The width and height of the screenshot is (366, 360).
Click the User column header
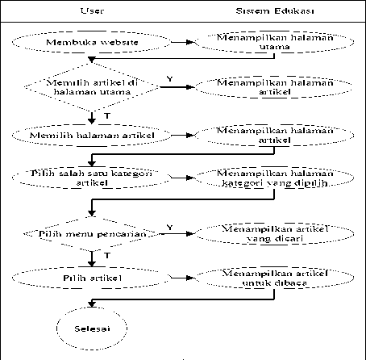(92, 10)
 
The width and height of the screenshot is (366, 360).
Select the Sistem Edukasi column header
(275, 10)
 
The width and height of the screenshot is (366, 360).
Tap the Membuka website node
(92, 42)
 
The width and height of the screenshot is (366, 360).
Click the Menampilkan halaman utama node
(274, 42)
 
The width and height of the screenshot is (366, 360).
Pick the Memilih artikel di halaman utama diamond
(92, 87)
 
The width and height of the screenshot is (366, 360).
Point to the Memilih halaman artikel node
(92, 135)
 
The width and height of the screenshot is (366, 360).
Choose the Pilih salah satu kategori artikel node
(92, 178)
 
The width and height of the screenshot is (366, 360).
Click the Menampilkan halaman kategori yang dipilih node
(274, 178)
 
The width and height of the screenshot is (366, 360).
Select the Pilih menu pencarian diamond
(92, 233)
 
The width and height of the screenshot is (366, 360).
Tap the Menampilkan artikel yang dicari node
(274, 233)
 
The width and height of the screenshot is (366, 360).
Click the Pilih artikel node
(92, 278)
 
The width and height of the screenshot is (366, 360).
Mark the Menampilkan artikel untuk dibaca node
(274, 278)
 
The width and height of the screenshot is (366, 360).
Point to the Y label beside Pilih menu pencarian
(169, 228)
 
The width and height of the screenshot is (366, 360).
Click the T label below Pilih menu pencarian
(107, 255)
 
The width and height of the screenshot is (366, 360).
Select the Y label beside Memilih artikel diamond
(169, 79)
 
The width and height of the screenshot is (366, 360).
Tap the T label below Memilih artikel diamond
(107, 115)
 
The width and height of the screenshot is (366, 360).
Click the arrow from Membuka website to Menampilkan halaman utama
(183, 42)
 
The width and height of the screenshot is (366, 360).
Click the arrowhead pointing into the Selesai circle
(92, 304)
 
